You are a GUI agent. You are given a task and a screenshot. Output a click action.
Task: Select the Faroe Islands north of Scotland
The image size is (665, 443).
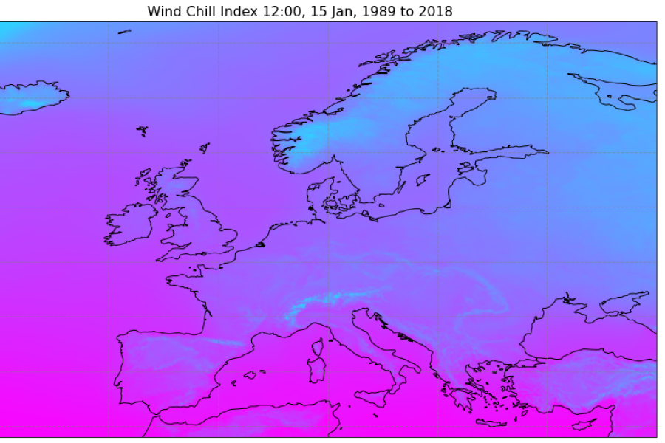pos(143,131)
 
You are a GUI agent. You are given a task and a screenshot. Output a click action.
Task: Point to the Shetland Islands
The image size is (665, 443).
pos(205,148)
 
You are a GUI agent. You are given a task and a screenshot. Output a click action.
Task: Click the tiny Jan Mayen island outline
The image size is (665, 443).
pos(124,31)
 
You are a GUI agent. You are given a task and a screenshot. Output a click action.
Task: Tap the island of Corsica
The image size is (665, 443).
pos(318,347)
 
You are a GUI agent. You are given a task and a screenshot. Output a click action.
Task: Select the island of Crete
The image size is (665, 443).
pos(491,422)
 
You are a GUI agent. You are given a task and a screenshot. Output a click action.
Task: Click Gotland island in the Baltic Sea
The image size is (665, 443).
pos(423,179)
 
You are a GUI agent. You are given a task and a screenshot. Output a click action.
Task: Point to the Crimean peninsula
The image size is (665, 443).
pos(567,303)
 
